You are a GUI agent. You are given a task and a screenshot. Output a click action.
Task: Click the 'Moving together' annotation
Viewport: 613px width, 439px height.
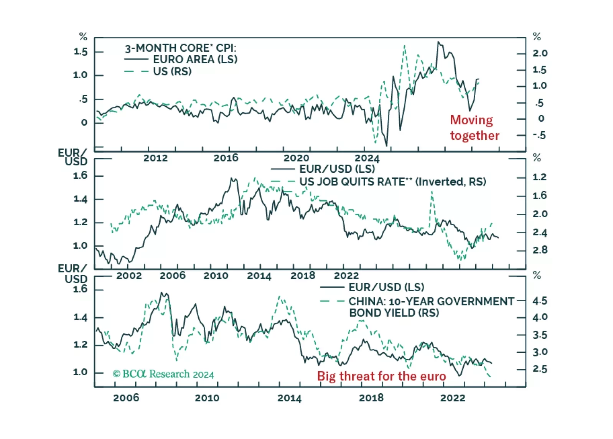point(475,128)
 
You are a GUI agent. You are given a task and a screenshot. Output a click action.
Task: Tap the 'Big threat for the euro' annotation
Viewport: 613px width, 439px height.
point(381,376)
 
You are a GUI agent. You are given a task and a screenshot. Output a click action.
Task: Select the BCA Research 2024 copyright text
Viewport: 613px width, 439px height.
point(163,374)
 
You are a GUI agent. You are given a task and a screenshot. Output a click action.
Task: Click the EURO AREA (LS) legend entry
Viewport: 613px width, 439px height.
point(195,59)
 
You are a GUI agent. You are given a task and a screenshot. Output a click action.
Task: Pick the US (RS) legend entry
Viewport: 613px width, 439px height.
point(172,72)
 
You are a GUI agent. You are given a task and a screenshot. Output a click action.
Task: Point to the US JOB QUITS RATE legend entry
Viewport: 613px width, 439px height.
point(392,182)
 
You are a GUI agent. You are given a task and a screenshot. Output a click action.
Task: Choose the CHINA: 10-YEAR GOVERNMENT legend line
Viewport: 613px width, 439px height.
point(431,302)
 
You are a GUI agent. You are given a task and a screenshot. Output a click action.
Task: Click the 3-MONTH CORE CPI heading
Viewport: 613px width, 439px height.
point(180,48)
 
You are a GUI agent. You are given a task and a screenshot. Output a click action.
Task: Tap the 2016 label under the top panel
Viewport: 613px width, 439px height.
point(226,158)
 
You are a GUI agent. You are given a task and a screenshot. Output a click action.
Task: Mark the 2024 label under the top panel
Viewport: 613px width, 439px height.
point(367,158)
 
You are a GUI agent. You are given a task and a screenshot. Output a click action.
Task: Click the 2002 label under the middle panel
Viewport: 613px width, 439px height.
point(129,276)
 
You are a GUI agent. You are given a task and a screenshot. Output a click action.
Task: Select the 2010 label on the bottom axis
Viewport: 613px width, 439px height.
point(207,398)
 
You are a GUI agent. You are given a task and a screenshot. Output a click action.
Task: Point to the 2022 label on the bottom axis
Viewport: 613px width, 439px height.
point(453,398)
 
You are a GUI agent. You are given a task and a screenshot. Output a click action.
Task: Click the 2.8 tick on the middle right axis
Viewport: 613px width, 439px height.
point(540,250)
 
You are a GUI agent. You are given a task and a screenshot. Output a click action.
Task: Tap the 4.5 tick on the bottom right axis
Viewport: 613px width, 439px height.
point(540,301)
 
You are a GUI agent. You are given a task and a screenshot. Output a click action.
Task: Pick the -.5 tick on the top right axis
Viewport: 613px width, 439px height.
point(539,135)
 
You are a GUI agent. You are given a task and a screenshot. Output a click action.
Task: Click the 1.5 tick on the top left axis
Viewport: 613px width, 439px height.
point(81,52)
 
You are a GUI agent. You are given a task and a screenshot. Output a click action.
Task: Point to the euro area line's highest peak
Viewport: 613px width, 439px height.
point(438,42)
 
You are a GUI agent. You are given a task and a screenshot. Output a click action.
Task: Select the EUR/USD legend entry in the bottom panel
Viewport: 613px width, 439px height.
point(386,287)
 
